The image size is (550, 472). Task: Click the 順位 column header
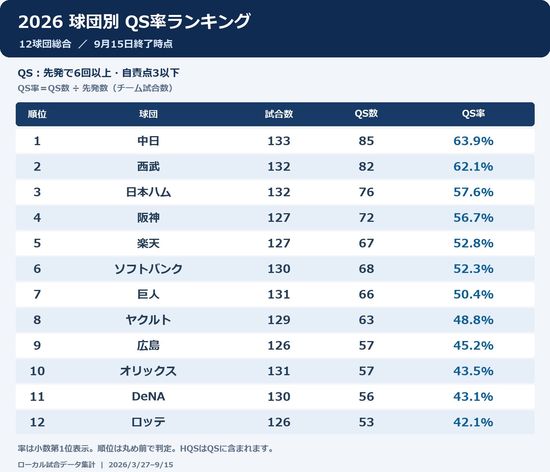click(x=37, y=114)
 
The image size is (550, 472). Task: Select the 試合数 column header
click(x=279, y=114)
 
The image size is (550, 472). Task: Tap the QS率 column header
click(x=473, y=114)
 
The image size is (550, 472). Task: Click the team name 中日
click(x=148, y=141)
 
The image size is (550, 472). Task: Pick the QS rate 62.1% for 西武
click(x=473, y=166)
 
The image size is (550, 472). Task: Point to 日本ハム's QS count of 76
click(x=366, y=192)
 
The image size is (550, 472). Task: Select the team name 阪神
click(x=148, y=218)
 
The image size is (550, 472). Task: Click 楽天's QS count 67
click(x=366, y=243)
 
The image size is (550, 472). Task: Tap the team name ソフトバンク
click(x=148, y=269)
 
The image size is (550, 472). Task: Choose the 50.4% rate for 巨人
click(x=473, y=294)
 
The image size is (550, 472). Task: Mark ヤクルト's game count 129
click(x=279, y=320)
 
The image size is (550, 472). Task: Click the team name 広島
click(x=148, y=345)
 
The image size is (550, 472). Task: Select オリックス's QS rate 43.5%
click(x=473, y=371)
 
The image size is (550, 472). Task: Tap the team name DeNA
click(x=148, y=396)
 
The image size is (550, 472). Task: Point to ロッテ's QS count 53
click(x=366, y=422)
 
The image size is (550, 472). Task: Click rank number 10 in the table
click(x=37, y=371)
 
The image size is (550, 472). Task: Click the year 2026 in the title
click(x=40, y=22)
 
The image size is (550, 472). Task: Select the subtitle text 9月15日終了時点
click(x=133, y=44)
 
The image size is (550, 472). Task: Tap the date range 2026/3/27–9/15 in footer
click(x=141, y=465)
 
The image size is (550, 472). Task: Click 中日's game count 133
click(x=279, y=141)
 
